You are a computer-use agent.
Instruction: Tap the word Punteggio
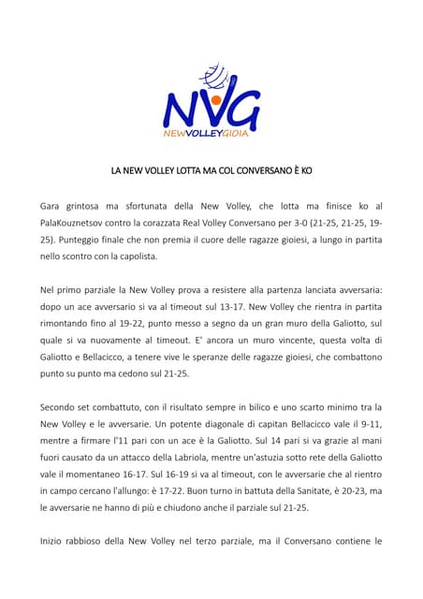pos(79,239)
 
